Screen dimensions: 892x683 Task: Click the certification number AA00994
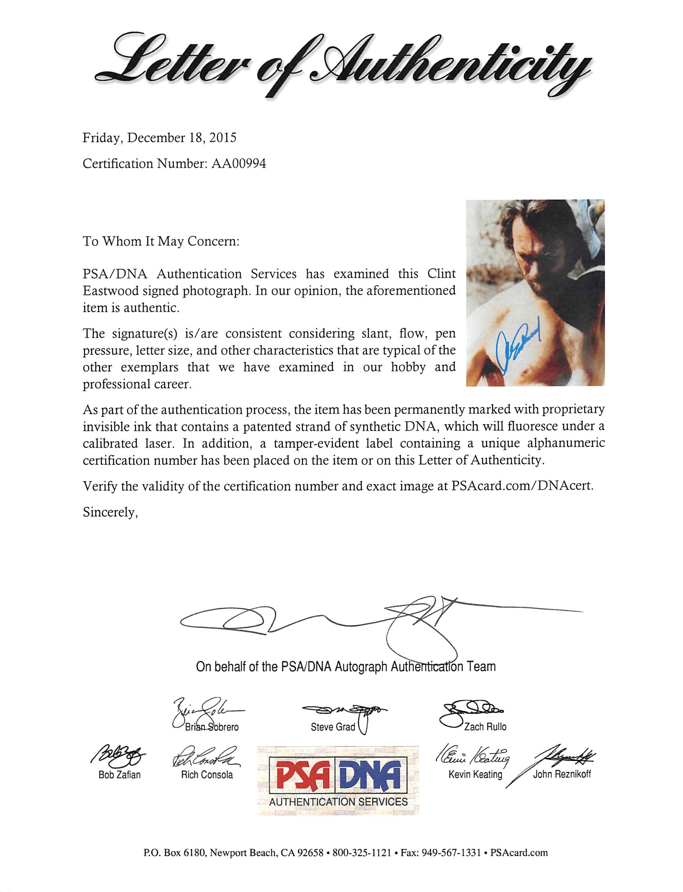pos(239,163)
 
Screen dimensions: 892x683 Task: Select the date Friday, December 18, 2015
pos(159,138)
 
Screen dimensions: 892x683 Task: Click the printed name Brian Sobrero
pos(211,727)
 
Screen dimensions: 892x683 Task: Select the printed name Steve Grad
pos(332,727)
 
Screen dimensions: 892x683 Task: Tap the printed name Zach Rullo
pos(485,727)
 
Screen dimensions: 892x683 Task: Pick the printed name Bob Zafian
pos(119,775)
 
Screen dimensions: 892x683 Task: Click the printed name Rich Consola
pos(207,775)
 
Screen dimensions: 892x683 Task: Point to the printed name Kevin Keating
pos(475,775)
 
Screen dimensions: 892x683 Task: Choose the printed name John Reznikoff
pos(562,775)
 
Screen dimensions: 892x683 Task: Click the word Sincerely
pos(110,513)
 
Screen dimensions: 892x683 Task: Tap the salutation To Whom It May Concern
pos(161,242)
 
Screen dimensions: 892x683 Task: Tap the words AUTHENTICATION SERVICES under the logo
pos(338,802)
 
